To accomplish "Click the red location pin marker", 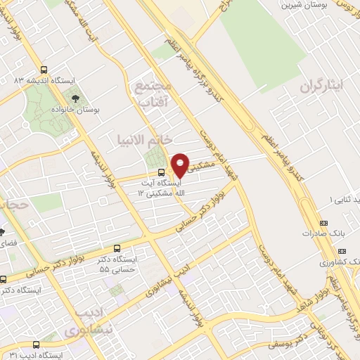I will (x=181, y=165).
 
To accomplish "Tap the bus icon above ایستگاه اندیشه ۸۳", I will (x=44, y=70).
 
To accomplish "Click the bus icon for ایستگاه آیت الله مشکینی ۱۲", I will (x=162, y=172).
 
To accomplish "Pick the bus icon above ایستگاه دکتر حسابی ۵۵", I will (x=117, y=247).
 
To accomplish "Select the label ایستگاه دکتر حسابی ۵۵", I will (x=119, y=264).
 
